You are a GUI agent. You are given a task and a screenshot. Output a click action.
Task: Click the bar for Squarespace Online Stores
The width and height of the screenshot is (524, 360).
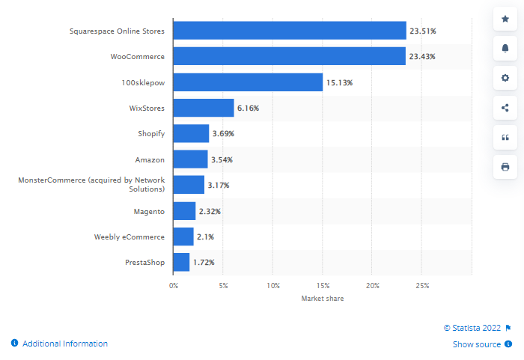click(290, 31)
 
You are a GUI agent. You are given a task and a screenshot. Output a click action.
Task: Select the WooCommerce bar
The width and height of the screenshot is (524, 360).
click(289, 56)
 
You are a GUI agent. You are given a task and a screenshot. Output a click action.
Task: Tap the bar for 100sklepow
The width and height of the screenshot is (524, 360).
click(248, 82)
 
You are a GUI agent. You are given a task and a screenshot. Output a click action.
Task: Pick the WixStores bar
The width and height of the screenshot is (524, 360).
click(204, 108)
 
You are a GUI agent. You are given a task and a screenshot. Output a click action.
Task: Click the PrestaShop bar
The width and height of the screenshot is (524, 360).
click(181, 262)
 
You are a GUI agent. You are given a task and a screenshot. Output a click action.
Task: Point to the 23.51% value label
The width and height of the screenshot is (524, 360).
click(423, 31)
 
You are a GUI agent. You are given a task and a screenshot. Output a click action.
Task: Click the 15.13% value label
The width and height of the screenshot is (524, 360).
click(339, 82)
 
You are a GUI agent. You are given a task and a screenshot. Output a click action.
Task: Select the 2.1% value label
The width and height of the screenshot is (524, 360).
click(206, 237)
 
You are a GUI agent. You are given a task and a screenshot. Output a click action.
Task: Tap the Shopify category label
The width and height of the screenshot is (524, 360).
click(150, 133)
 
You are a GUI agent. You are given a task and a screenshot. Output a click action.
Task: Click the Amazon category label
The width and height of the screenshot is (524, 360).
click(150, 159)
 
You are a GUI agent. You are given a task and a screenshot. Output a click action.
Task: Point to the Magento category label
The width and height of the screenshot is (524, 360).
click(149, 211)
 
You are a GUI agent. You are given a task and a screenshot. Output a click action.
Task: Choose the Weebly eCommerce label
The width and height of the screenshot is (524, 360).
click(129, 237)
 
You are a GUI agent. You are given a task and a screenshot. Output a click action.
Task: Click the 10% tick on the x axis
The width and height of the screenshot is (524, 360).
click(273, 285)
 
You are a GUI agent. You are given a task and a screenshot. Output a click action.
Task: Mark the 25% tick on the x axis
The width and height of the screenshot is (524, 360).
click(422, 285)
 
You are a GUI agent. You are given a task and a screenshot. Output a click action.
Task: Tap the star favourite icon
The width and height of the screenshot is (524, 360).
click(505, 19)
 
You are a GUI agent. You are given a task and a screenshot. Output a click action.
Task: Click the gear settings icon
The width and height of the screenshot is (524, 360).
click(505, 78)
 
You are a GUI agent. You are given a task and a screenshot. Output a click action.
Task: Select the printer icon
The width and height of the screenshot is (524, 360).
click(505, 166)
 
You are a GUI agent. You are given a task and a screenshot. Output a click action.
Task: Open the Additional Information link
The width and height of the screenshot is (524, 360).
click(64, 344)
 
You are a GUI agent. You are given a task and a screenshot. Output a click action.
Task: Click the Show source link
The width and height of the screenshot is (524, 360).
click(477, 344)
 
